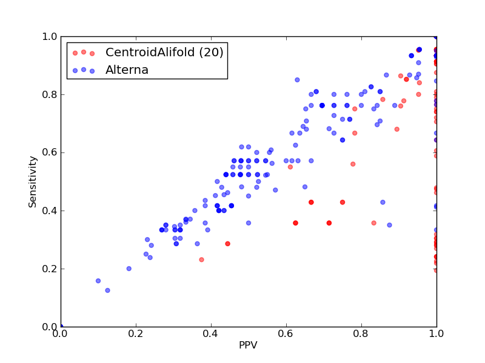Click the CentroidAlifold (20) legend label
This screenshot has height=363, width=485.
(164, 52)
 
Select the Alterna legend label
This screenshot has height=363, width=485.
(127, 70)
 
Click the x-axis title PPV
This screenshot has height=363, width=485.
(248, 345)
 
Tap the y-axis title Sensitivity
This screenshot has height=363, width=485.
(33, 182)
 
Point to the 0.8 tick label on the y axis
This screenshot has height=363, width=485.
(50, 94)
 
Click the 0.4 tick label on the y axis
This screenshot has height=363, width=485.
(50, 211)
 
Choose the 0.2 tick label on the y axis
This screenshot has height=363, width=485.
(50, 269)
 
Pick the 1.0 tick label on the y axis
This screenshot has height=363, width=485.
(50, 36)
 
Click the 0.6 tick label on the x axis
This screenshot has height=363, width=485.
(286, 334)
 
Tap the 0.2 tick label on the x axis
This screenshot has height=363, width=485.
(136, 334)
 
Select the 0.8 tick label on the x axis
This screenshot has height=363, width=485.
(361, 334)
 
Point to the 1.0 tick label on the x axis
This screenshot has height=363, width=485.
(436, 334)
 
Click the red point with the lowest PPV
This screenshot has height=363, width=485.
(202, 260)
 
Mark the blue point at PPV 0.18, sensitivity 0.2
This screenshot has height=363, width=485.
(129, 269)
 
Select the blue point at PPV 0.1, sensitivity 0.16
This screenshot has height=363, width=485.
(98, 281)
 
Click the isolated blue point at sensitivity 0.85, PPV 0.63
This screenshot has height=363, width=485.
(297, 80)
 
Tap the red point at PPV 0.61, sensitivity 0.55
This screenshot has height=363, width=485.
(290, 167)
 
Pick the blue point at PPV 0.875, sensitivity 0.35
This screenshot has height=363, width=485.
(389, 225)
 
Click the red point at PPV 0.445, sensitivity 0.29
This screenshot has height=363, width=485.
(228, 244)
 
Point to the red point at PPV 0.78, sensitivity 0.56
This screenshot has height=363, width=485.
(353, 164)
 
